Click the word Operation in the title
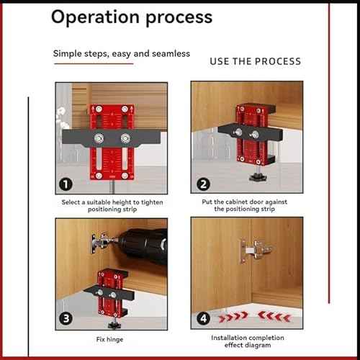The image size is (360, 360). pos(91,17)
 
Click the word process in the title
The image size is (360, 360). pos(176,17)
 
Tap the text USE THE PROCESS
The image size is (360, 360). pos(255,61)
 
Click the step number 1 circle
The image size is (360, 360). pos(65,184)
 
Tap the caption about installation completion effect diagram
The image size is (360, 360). pos(247,341)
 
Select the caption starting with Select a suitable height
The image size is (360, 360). pos(112,206)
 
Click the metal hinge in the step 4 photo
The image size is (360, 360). pos(254,251)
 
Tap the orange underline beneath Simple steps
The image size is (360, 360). pos(93,64)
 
